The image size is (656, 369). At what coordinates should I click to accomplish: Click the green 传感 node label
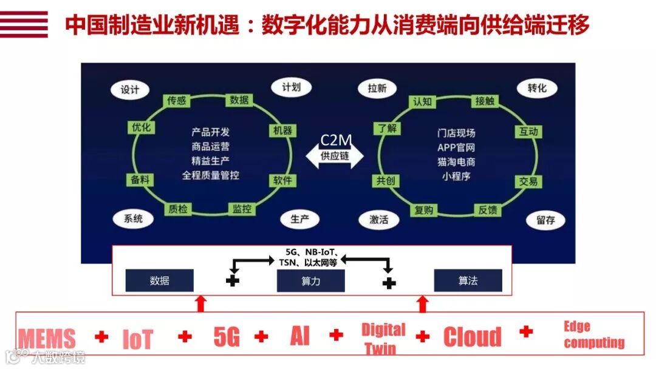[x=177, y=101]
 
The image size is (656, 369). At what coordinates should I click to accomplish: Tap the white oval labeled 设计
[x=130, y=90]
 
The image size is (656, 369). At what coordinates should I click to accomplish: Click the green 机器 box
[x=282, y=130]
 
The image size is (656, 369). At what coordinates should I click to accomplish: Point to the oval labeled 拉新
[x=377, y=89]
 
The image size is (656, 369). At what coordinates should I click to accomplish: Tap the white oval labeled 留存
[x=545, y=220]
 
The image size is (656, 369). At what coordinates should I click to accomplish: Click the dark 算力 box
[x=310, y=281]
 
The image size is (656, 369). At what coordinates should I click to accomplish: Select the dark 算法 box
[x=468, y=281]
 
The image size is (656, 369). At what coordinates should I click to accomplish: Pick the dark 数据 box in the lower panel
[x=159, y=281]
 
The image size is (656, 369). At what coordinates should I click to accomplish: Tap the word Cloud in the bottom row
[x=472, y=337]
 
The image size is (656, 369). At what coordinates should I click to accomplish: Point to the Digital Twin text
[x=383, y=339]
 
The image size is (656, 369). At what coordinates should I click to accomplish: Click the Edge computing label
[x=593, y=335]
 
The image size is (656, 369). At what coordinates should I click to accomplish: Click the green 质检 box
[x=178, y=209]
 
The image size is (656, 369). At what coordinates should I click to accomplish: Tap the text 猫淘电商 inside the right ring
[x=456, y=162]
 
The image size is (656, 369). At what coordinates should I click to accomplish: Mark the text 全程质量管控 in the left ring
[x=211, y=175]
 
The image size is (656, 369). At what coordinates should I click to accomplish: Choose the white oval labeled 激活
[x=378, y=220]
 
